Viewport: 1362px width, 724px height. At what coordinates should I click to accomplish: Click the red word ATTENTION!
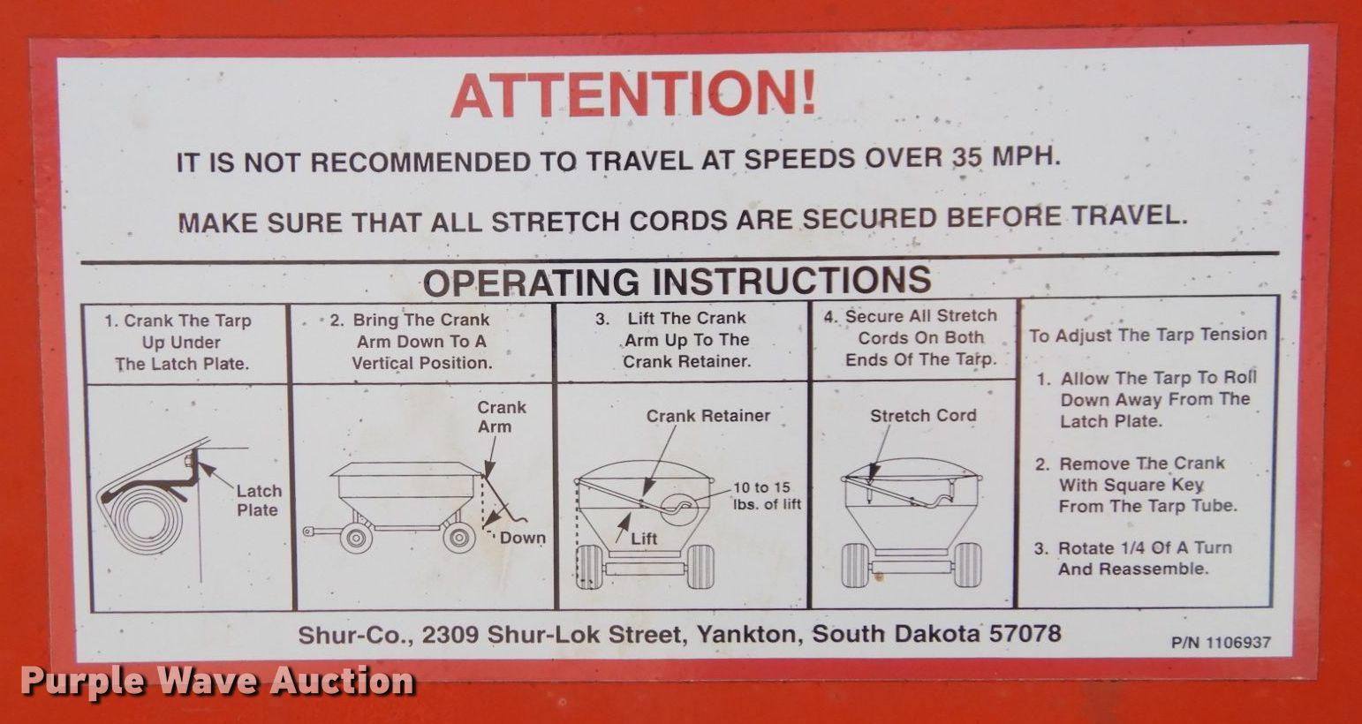pos(633,94)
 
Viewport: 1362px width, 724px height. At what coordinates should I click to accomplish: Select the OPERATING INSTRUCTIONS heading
pos(677,282)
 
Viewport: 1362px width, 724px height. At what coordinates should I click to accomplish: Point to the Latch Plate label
pos(259,501)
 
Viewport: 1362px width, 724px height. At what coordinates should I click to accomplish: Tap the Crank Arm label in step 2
pos(501,417)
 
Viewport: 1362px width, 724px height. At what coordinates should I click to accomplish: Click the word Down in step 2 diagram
pos(522,538)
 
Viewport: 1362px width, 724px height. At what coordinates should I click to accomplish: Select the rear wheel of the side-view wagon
pos(459,536)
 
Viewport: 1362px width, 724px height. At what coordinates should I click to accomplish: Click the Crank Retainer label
pos(707,416)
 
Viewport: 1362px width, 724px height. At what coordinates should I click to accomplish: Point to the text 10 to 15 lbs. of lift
pos(767,496)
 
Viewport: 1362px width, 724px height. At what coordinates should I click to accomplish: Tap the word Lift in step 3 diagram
pos(644,539)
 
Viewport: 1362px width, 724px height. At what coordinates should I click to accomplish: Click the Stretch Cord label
pos(923,416)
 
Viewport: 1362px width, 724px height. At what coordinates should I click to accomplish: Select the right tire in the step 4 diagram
pos(967,565)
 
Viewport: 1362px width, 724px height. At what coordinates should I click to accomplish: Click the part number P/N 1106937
pos(1221,643)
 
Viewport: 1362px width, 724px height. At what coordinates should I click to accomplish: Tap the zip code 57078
pos(1025,633)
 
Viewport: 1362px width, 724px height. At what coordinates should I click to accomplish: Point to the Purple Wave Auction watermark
pos(217,681)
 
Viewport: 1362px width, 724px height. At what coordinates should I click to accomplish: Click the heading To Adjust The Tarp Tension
pos(1148,335)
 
